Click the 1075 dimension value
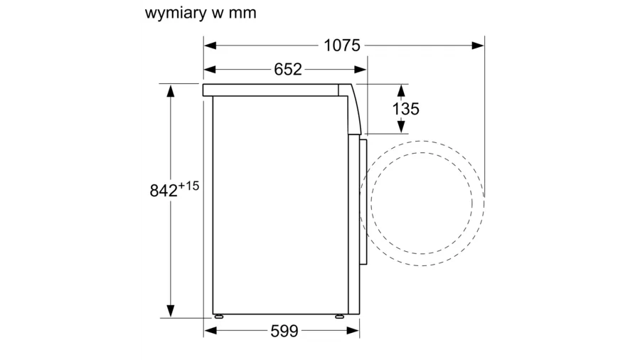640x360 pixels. click(x=341, y=46)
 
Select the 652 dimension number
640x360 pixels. click(x=288, y=70)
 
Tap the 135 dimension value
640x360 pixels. click(x=406, y=109)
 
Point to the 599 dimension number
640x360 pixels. click(x=284, y=331)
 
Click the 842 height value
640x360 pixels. click(x=164, y=191)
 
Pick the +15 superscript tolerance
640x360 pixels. click(x=188, y=186)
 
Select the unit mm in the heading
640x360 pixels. click(x=242, y=13)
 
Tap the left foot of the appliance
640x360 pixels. click(x=219, y=317)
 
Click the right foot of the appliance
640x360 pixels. click(x=340, y=317)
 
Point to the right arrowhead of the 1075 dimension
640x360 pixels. click(x=478, y=46)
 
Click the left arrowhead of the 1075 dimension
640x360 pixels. click(x=210, y=46)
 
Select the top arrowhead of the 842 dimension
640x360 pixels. click(x=171, y=90)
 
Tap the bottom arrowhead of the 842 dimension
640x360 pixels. click(x=171, y=311)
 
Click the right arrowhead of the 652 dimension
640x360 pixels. click(x=361, y=70)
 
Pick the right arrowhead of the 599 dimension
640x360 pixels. click(x=353, y=331)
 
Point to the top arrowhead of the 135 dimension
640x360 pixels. click(x=402, y=90)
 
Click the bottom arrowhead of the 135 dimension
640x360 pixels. click(x=402, y=127)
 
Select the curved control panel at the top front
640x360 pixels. click(x=353, y=109)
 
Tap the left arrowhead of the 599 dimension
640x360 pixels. click(x=210, y=331)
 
